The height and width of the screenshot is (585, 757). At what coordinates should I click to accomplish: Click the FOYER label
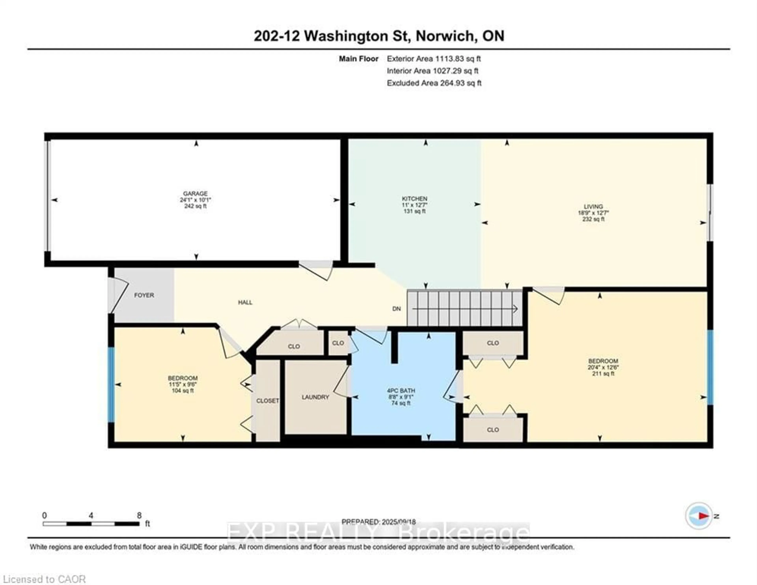(x=144, y=295)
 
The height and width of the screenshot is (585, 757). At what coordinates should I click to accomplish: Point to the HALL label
(x=245, y=302)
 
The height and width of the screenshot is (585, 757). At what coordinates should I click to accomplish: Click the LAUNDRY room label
(x=315, y=397)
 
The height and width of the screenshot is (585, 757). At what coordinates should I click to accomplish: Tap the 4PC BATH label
(x=401, y=390)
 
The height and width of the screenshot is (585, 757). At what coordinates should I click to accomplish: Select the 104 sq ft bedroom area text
(x=183, y=391)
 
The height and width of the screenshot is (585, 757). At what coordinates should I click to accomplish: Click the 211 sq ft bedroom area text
(x=603, y=374)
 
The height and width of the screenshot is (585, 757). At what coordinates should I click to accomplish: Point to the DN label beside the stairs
(x=396, y=309)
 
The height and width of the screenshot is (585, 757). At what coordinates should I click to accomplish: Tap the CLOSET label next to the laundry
(x=268, y=401)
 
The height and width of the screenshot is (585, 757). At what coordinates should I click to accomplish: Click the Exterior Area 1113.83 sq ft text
(x=434, y=59)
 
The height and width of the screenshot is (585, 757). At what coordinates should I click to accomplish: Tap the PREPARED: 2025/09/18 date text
(x=378, y=522)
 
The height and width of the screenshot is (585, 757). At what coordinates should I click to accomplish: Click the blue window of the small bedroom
(x=111, y=384)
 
